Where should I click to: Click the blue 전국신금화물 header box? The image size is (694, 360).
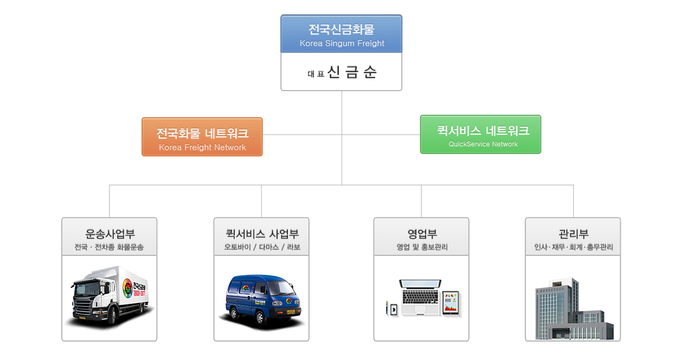pos(341,34)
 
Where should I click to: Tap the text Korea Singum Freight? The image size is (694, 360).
pos(342,43)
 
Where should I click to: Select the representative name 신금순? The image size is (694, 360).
pos(352,73)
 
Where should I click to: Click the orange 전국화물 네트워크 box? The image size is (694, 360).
pos(202,137)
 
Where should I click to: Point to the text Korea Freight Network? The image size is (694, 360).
pos(202,147)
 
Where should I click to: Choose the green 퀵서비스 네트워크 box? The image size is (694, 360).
pos(480,134)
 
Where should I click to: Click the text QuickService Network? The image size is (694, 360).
pos(483,144)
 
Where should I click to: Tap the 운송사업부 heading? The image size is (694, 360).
pos(110,234)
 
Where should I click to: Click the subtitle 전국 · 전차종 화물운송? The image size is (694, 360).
pos(110,248)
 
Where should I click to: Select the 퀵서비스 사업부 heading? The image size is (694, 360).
pos(262,234)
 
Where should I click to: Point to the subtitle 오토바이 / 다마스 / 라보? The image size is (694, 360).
pos(262,248)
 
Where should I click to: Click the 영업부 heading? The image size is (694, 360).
pos(422,234)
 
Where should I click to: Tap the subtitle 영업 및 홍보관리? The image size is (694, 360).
pos(422,248)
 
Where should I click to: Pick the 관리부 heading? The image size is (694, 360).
pos(573,234)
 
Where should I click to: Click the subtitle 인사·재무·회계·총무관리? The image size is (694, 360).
pos(573,248)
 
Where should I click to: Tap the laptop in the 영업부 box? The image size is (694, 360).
pos(420,297)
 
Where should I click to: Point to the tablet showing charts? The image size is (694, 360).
pos(451,303)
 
